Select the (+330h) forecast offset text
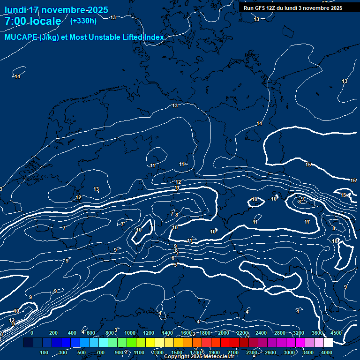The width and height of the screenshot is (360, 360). pyautogui.click(x=83, y=21)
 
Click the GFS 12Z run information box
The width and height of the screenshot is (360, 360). pyautogui.click(x=292, y=8)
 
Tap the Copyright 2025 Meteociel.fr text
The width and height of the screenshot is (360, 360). pyautogui.click(x=199, y=357)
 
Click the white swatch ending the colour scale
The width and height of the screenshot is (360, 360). pyautogui.click(x=328, y=343)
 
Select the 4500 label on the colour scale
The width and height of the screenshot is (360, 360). pyautogui.click(x=336, y=333)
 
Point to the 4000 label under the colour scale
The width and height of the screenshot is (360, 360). pyautogui.click(x=327, y=352)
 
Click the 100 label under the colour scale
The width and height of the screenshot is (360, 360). pyautogui.click(x=45, y=352)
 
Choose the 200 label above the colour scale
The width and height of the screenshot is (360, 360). pyautogui.click(x=53, y=333)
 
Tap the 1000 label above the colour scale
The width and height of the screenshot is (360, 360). pyautogui.click(x=129, y=333)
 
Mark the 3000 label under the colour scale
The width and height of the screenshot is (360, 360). pyautogui.click(x=289, y=352)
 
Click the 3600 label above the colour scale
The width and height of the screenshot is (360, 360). pyautogui.click(x=317, y=333)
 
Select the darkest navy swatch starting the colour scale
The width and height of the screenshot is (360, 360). pyautogui.click(x=28, y=343)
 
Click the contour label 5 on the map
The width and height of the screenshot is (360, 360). pyautogui.click(x=175, y=265)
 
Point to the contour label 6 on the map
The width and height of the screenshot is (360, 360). pyautogui.click(x=173, y=258)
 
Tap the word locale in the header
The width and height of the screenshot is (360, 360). pyautogui.click(x=46, y=21)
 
